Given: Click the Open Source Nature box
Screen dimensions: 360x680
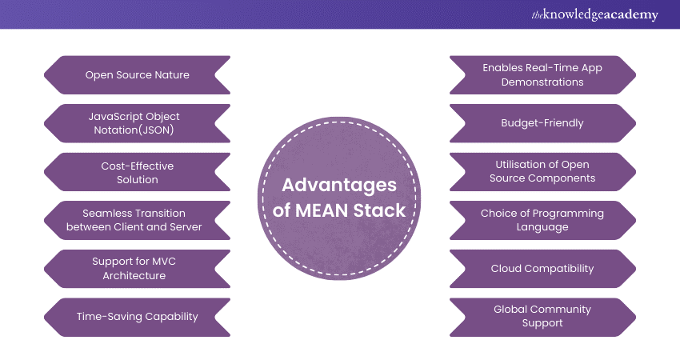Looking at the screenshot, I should (x=138, y=75).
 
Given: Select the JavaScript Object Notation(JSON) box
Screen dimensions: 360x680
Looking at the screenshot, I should (x=138, y=123).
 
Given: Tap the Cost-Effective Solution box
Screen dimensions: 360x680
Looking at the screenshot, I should (x=138, y=172).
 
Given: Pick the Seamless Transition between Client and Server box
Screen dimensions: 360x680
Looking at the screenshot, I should (x=138, y=220).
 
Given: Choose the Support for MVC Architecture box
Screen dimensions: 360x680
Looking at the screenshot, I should (x=138, y=269).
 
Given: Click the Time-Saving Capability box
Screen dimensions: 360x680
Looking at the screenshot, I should (x=138, y=317).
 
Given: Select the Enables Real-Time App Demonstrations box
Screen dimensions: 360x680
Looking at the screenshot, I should (x=542, y=75).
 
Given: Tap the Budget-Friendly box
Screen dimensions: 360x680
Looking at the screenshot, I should (x=542, y=123).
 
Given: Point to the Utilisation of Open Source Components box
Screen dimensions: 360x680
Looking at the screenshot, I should (x=542, y=172).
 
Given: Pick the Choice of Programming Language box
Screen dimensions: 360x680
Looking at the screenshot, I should (x=542, y=220).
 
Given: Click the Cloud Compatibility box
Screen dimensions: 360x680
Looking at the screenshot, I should (x=542, y=269).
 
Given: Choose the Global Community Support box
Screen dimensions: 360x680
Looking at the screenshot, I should (x=542, y=317).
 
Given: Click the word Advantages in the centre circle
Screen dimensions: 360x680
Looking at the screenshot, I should (x=339, y=186).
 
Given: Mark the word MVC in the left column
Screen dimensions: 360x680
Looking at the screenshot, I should (x=153, y=262).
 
